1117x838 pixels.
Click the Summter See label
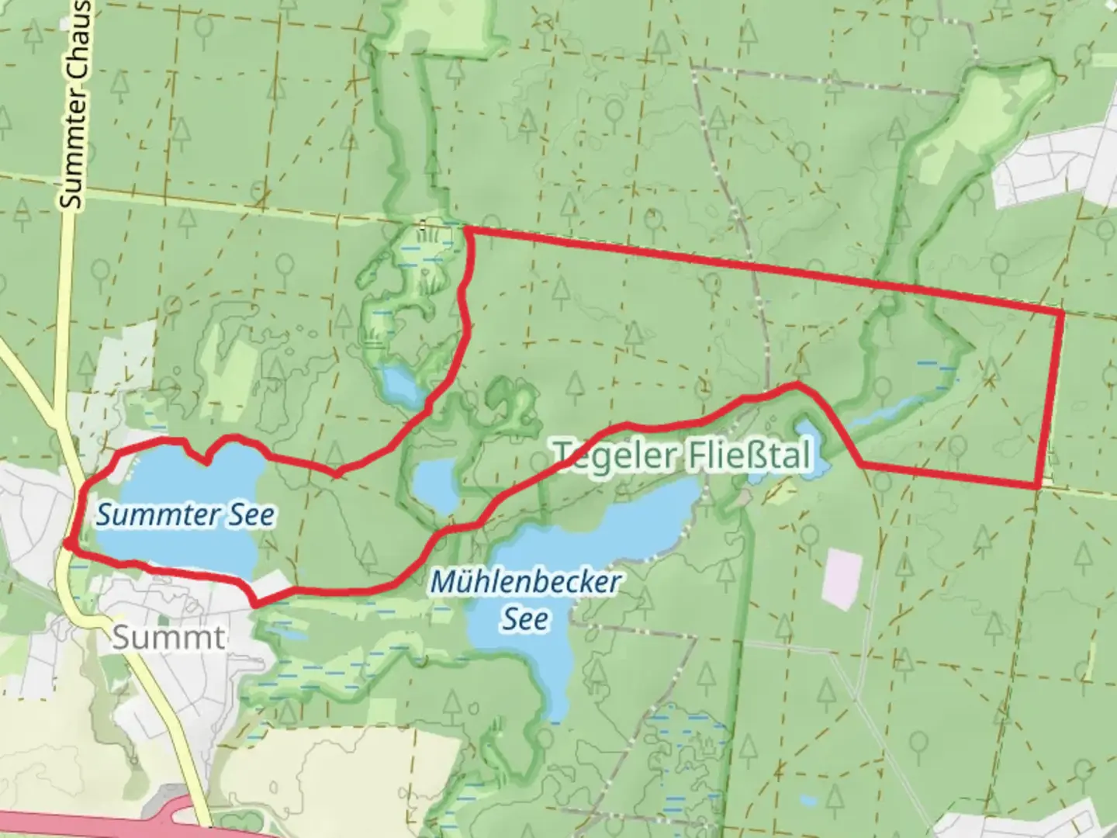(185, 515)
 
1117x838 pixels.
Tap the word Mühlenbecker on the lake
(525, 582)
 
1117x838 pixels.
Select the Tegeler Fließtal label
(683, 455)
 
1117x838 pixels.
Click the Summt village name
(168, 638)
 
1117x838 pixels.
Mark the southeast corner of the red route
(1038, 487)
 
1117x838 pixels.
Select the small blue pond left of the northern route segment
(400, 386)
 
